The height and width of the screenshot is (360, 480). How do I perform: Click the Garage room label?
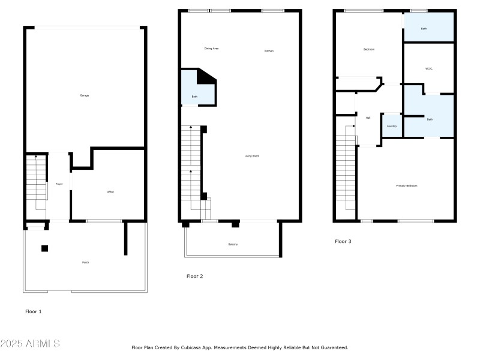85,95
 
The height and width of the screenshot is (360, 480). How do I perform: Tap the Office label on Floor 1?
110,192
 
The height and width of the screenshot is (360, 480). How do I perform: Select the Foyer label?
59,184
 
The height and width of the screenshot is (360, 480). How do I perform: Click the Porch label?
85,263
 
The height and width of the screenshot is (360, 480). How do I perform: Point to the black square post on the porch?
45,248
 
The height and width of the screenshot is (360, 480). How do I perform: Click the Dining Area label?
211,48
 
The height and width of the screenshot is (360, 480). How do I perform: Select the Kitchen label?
269,51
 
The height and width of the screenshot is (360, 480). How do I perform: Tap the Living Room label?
252,156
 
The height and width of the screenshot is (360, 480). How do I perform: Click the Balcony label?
233,244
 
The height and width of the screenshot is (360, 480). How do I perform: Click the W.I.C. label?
429,68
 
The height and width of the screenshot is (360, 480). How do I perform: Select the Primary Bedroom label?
406,186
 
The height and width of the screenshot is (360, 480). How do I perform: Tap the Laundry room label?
391,126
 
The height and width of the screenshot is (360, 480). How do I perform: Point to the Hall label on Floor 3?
368,118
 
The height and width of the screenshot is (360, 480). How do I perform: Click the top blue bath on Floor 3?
428,28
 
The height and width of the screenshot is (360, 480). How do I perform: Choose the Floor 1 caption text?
34,311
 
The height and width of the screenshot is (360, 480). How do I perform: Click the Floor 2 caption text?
195,276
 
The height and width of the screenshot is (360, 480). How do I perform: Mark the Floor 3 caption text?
343,242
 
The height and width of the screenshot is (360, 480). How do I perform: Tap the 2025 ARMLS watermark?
30,344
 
